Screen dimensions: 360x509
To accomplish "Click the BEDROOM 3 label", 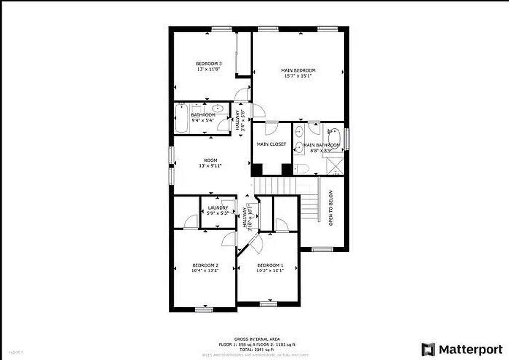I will [208, 64].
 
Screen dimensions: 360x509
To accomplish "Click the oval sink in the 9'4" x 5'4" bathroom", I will [217, 108].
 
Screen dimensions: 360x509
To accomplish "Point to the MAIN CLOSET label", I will [271, 144].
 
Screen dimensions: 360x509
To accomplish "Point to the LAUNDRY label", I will [218, 208].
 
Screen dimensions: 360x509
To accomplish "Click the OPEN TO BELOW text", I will [331, 208].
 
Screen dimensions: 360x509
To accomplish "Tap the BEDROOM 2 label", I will [205, 265].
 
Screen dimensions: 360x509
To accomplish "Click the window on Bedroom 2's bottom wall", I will [204, 310].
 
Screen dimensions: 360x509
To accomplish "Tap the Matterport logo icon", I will [428, 348].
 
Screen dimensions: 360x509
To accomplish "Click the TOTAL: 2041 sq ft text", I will [257, 350].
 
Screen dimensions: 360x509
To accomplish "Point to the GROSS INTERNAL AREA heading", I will [257, 339].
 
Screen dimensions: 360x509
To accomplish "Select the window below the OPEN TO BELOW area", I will [322, 250].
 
